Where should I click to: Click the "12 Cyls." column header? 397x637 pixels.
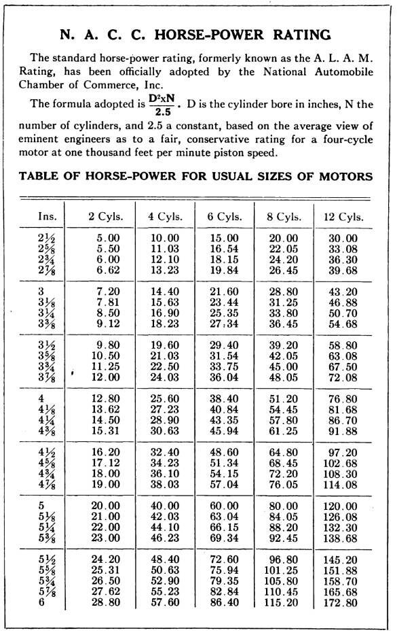click(x=343, y=217)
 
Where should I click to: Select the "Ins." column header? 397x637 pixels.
click(x=48, y=217)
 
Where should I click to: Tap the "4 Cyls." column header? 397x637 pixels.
click(x=164, y=217)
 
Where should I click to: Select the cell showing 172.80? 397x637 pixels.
click(x=342, y=602)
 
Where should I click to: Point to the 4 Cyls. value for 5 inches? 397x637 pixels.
click(x=164, y=506)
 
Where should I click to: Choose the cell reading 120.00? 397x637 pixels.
click(x=342, y=506)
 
